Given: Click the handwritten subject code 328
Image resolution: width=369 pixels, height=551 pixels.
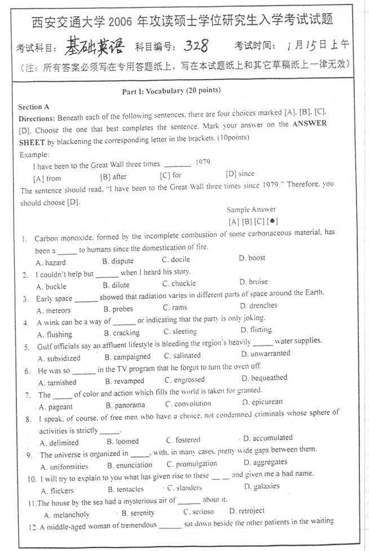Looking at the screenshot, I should pos(198,44).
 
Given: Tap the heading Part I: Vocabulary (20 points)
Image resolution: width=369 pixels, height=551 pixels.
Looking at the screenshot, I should pos(171,90).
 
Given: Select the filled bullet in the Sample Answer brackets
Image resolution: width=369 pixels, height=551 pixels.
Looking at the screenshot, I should pos(273,221).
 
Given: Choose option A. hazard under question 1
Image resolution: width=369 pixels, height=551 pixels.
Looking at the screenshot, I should pos(51,262).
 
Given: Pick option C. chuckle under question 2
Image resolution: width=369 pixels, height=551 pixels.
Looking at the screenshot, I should pos(179,283).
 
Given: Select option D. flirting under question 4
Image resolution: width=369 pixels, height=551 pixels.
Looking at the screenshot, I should pos(256,330).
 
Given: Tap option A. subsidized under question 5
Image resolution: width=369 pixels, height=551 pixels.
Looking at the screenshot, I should pos(59,358).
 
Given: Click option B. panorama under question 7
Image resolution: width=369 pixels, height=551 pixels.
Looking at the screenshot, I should pos(125,405).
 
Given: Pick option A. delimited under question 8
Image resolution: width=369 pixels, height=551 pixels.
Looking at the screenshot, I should pos(60,443).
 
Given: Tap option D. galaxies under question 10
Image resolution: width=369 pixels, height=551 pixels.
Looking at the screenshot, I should pos(261,486).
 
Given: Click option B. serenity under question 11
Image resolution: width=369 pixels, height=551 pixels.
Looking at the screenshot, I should pos(138,513).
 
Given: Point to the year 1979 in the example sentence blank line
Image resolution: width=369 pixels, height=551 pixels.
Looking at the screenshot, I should pos(203,163).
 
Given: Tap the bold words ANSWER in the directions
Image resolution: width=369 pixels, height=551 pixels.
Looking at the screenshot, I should pos(310,124).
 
